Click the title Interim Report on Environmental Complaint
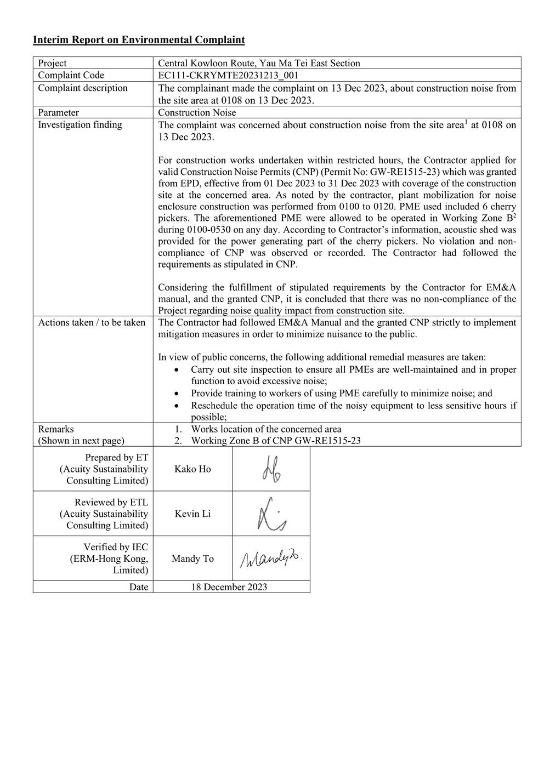point(139,39)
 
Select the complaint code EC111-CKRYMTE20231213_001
point(228,75)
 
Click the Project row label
point(52,63)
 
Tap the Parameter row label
point(58,112)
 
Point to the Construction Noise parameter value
point(197,112)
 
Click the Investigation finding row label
point(80,124)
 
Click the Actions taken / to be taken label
point(92,322)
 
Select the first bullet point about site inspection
point(353,375)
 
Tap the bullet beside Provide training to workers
point(175,394)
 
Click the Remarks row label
point(56,429)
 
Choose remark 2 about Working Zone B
point(275,440)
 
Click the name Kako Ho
point(192,469)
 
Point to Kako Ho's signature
point(271,469)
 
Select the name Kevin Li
point(192,514)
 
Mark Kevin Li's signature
point(271,514)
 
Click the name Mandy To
point(192,559)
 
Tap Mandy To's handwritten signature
point(271,559)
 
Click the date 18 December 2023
point(229,587)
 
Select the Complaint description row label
point(83,88)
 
